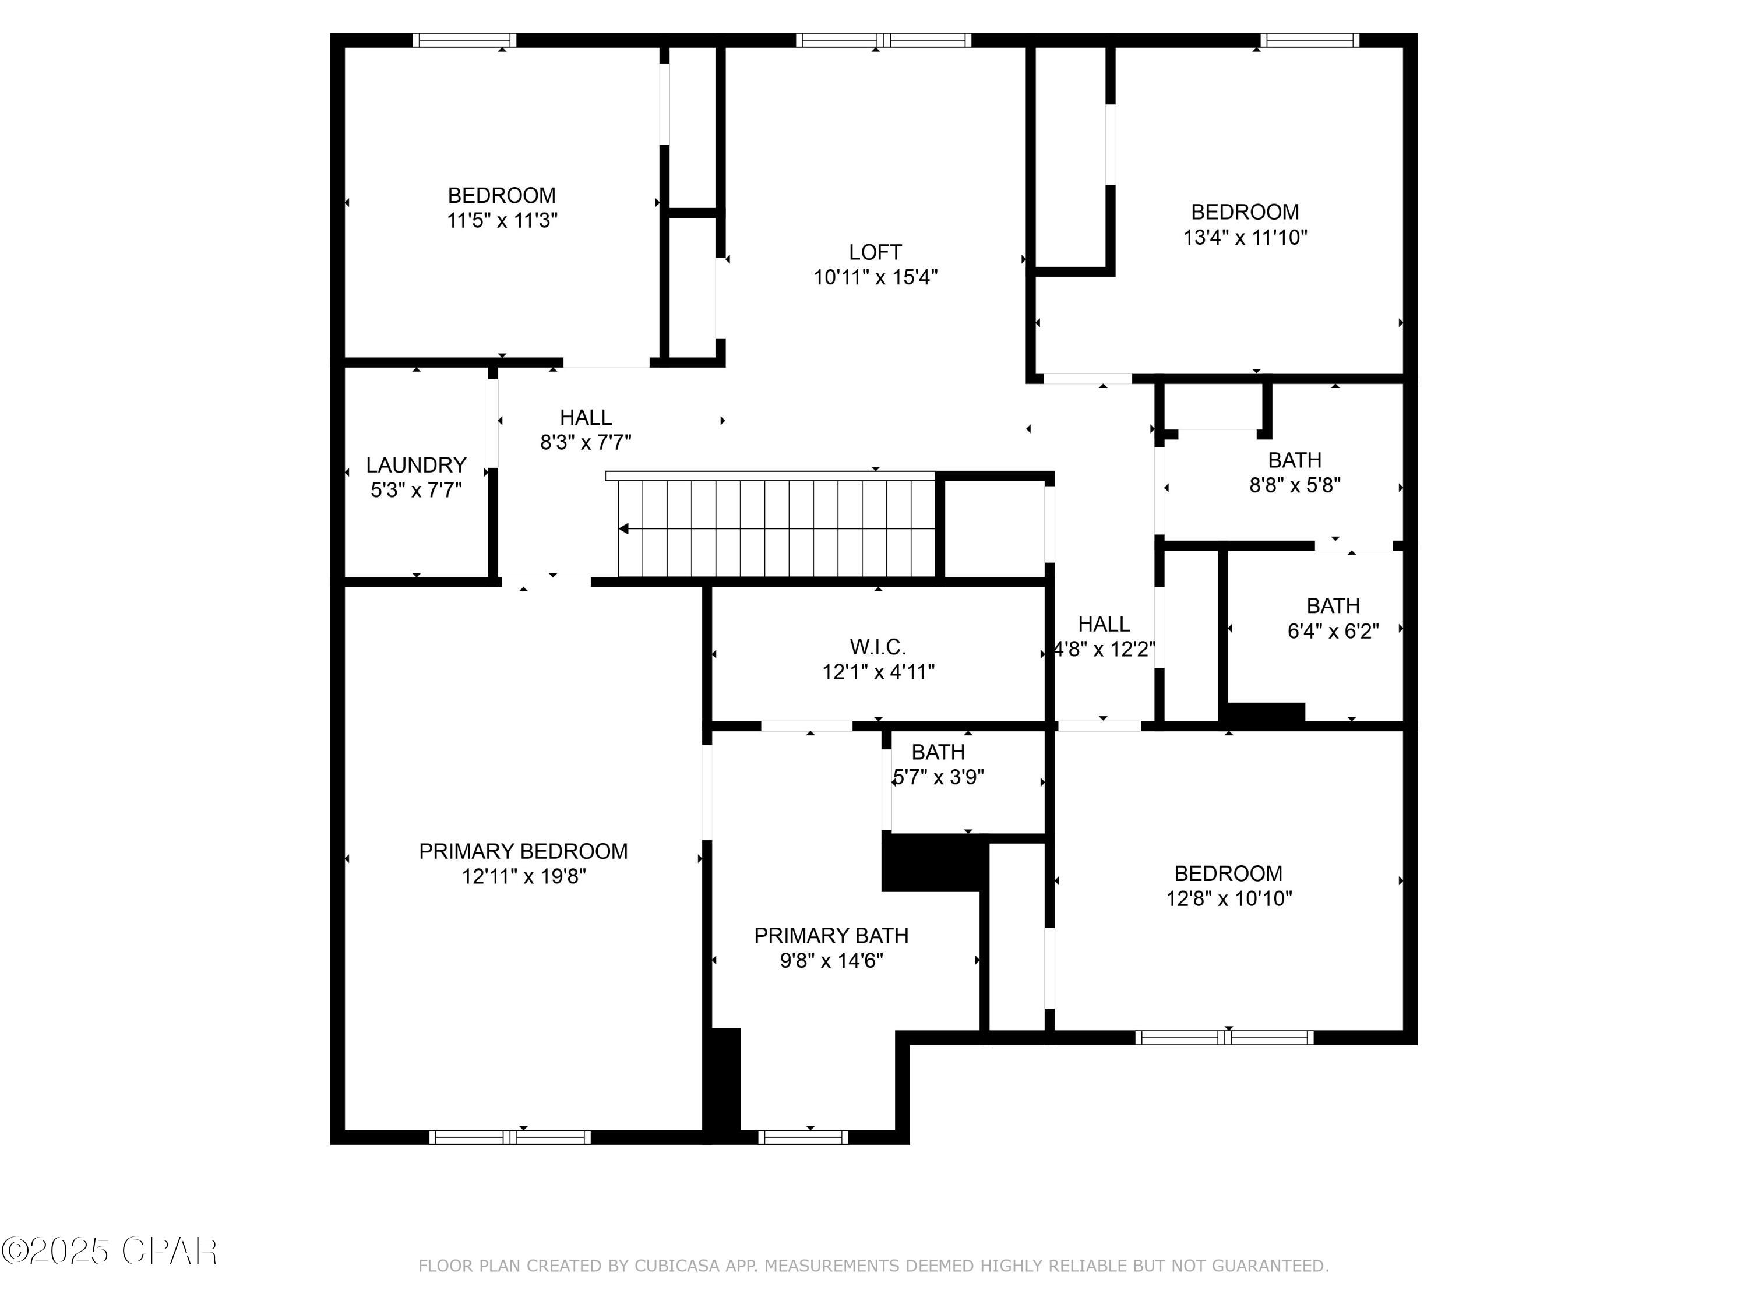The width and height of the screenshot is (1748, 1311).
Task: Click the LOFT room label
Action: pos(875,253)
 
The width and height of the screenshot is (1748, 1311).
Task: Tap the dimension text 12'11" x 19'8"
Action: pos(523,876)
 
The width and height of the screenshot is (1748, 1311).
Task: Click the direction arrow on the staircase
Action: pos(624,528)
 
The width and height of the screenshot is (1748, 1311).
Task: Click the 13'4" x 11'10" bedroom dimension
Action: pos(1245,237)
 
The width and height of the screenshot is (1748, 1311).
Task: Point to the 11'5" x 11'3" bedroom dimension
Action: pos(502,220)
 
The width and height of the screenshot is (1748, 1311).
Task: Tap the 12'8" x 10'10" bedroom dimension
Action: pos(1229,898)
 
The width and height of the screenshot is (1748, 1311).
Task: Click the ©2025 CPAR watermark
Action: pos(109,1251)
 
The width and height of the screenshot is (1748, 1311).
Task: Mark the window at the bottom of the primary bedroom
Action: pos(510,1137)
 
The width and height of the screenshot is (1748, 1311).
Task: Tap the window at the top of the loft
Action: pos(883,40)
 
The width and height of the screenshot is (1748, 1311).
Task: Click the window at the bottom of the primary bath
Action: pos(803,1137)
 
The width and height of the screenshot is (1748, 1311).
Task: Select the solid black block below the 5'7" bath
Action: pos(932,863)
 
